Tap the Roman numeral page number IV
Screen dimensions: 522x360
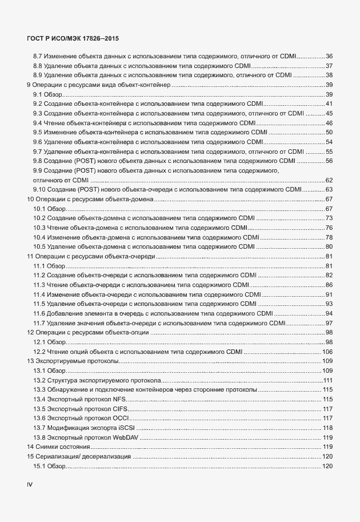point(30,484)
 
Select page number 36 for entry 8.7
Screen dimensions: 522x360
point(329,56)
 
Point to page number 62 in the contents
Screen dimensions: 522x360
point(329,180)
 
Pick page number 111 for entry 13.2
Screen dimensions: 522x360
point(328,380)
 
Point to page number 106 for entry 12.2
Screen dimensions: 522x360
point(327,352)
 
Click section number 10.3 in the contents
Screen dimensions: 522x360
point(39,228)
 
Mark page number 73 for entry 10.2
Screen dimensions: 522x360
point(329,218)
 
